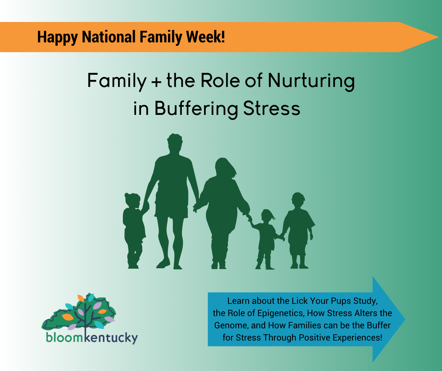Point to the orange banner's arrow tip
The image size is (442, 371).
(438, 37)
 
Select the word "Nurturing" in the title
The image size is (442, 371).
(311, 82)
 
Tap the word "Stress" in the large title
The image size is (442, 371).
(271, 109)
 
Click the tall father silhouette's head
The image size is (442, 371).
(175, 142)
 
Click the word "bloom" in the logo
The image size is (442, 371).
(64, 337)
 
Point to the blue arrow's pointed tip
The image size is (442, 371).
(405, 319)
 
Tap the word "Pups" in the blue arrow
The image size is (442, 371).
(341, 301)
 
